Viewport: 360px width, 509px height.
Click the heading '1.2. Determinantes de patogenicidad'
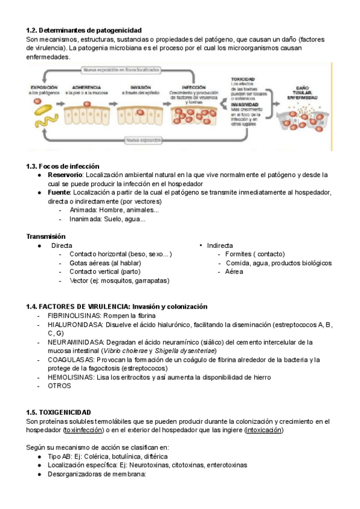pyautogui.click(x=84, y=30)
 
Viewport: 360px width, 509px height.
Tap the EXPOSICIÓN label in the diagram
pyautogui.click(x=43, y=88)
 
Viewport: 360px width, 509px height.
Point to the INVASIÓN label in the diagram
pyautogui.click(x=140, y=88)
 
